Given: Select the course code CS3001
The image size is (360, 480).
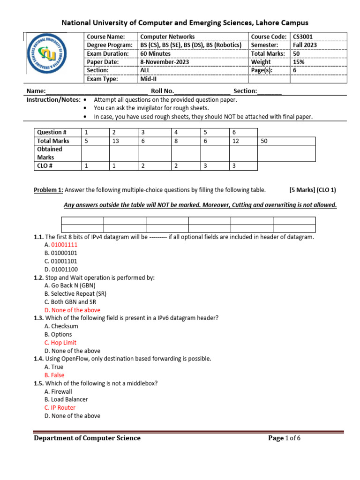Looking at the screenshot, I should [303, 37].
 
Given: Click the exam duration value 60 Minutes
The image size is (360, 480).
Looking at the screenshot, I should [156, 53].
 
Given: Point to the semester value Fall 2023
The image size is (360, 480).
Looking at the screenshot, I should [305, 45].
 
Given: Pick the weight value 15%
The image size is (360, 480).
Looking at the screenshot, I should [298, 62].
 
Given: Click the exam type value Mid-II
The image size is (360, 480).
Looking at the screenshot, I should [150, 79].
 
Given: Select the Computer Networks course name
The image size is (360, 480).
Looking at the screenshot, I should [167, 37].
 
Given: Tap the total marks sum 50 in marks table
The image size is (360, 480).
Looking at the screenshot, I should [264, 141].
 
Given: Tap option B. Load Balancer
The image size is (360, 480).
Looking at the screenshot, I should [66, 399].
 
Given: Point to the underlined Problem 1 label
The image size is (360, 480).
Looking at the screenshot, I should [48, 190].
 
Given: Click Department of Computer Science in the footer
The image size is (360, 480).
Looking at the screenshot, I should [87, 438].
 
